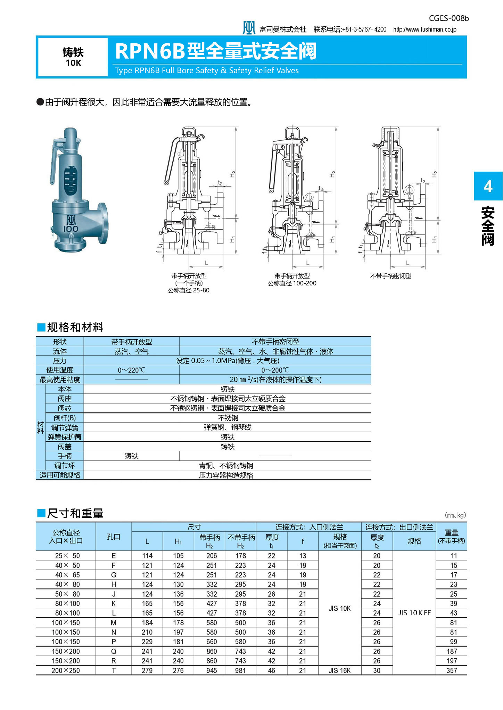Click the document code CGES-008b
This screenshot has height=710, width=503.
449,18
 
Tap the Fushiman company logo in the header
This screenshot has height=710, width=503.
249,28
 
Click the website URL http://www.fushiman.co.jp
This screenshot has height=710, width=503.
425,29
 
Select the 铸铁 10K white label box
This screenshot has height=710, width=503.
73,57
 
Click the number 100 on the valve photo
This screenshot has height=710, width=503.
71,229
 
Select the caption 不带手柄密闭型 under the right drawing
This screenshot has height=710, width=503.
390,276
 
